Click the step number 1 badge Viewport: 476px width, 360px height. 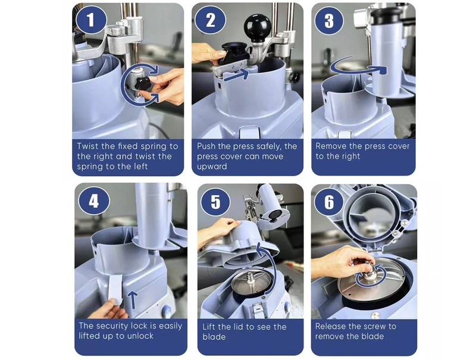[x=91, y=20]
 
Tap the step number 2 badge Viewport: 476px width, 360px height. [x=210, y=20]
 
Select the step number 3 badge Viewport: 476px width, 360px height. [x=329, y=20]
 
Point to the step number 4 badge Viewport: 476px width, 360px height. [x=93, y=201]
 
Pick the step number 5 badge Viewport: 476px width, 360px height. [x=215, y=202]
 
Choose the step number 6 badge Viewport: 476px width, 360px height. [x=329, y=202]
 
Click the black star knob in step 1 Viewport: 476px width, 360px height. [x=143, y=83]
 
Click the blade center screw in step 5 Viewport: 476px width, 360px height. [x=250, y=278]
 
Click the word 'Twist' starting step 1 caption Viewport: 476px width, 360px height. [x=87, y=146]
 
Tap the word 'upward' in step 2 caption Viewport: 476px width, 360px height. [x=212, y=167]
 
